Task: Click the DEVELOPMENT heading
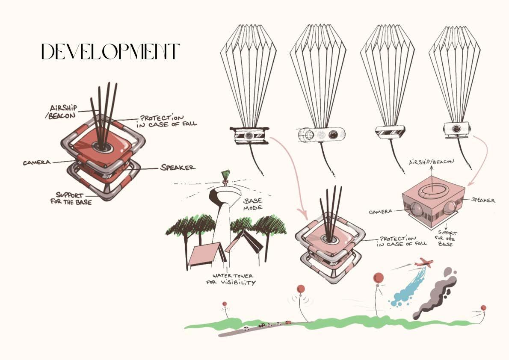click(109, 52)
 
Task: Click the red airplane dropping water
click(425, 262)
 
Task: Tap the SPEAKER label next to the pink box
click(483, 200)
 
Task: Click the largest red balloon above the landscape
click(379, 278)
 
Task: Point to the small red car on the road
click(288, 322)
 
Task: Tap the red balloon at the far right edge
click(483, 308)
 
